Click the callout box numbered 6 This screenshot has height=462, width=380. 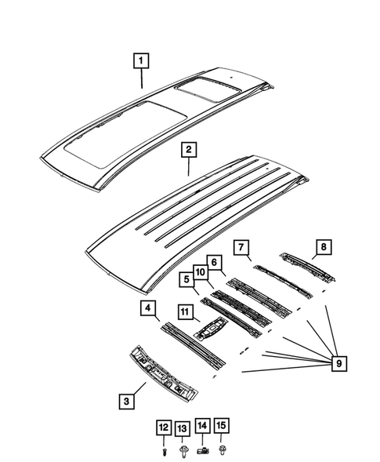coord(212,262)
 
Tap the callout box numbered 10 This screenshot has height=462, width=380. coord(200,272)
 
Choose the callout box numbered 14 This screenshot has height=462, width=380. coord(202,427)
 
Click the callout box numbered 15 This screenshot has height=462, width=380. coord(222,427)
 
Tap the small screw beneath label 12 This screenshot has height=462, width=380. coord(163,450)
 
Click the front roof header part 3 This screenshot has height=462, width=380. coord(166,374)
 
